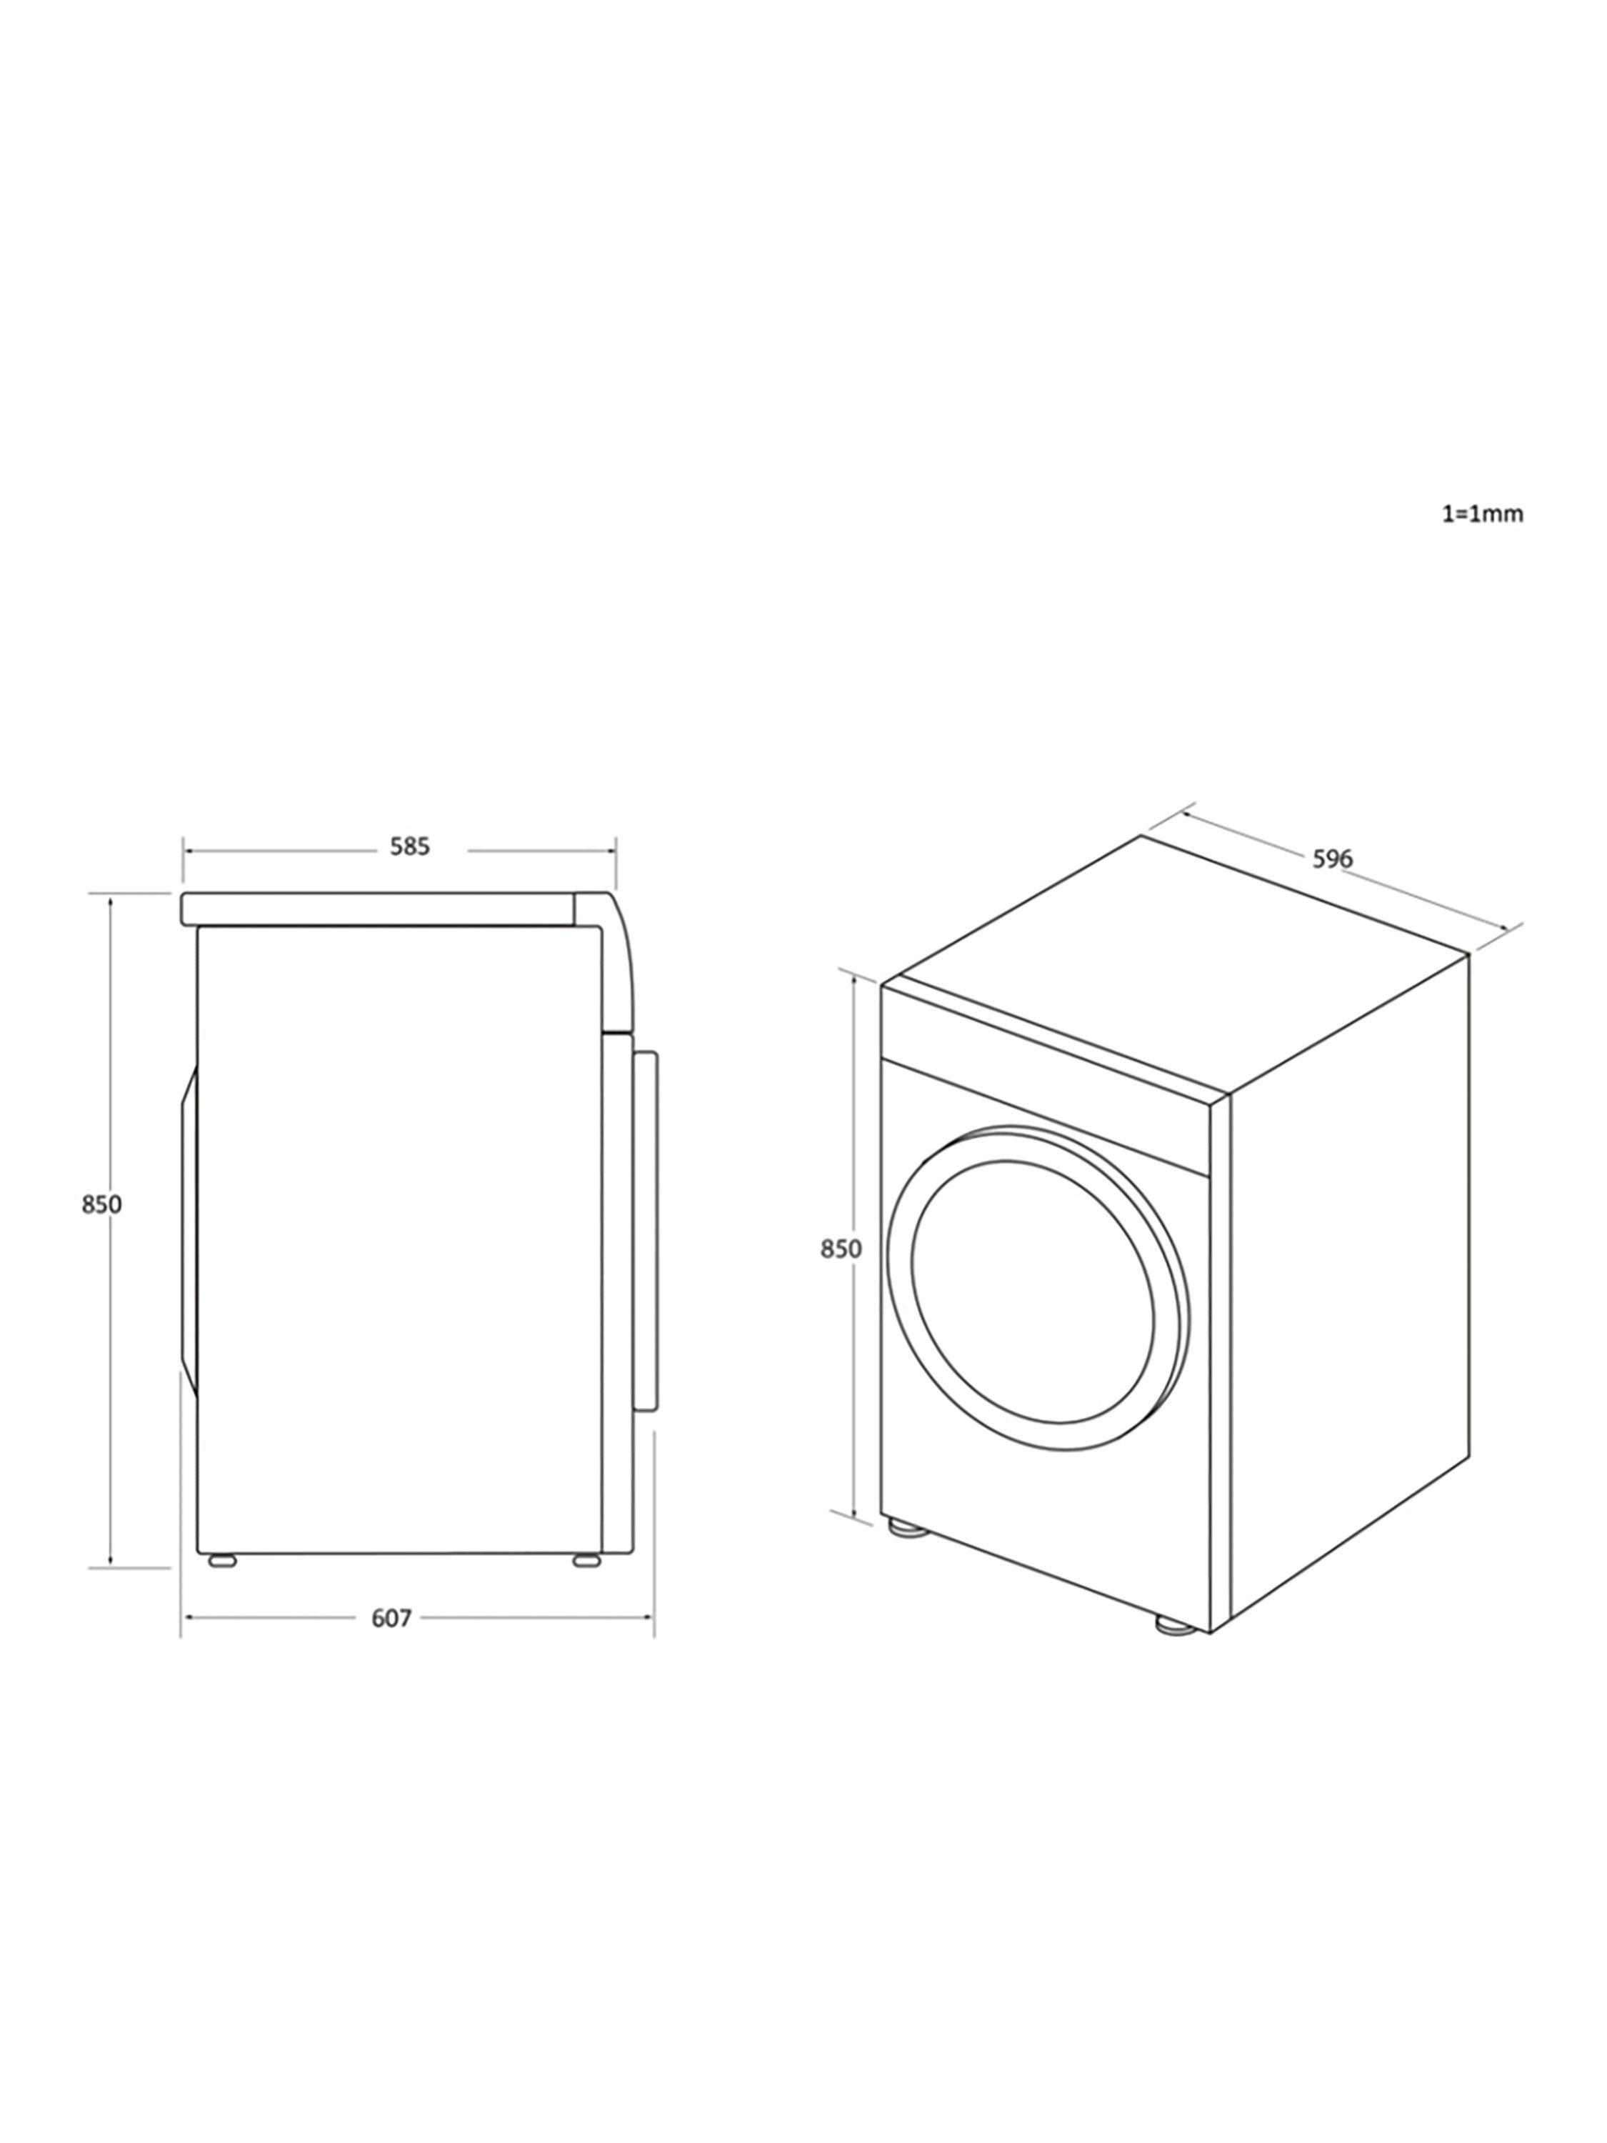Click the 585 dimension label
409,846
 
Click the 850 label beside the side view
101,1204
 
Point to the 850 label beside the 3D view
841,1249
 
